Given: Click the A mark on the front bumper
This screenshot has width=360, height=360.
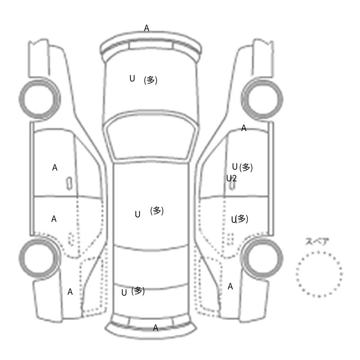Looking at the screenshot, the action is (147, 28).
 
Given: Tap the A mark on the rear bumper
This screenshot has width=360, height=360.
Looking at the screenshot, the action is (155, 328).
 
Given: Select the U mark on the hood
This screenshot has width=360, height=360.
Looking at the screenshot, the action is (132, 78).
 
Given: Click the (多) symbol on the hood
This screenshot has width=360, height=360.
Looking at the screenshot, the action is (151, 80).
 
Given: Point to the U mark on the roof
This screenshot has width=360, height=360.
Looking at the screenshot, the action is (138, 214).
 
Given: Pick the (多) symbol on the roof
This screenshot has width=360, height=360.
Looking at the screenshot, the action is (157, 211).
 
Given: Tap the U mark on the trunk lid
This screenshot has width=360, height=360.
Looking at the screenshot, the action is (124, 292).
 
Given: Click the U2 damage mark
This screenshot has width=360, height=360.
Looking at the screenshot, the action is (231, 178).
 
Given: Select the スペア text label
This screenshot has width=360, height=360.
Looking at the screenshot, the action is (314, 242).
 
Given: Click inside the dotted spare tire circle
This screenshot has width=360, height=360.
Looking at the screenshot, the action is (319, 274).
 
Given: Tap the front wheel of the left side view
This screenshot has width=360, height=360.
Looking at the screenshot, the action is (40, 99).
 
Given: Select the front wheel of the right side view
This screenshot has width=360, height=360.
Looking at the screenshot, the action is (262, 99).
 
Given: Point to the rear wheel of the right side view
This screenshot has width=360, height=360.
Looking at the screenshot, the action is (262, 257).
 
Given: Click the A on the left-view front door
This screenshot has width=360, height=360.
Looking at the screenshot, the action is (54, 167).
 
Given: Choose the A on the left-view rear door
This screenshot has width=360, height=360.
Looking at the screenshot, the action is (54, 219).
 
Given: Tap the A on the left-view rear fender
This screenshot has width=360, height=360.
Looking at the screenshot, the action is (70, 292).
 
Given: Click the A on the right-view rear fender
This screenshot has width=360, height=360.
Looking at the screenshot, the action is (230, 287).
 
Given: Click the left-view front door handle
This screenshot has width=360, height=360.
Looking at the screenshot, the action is (69, 184).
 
